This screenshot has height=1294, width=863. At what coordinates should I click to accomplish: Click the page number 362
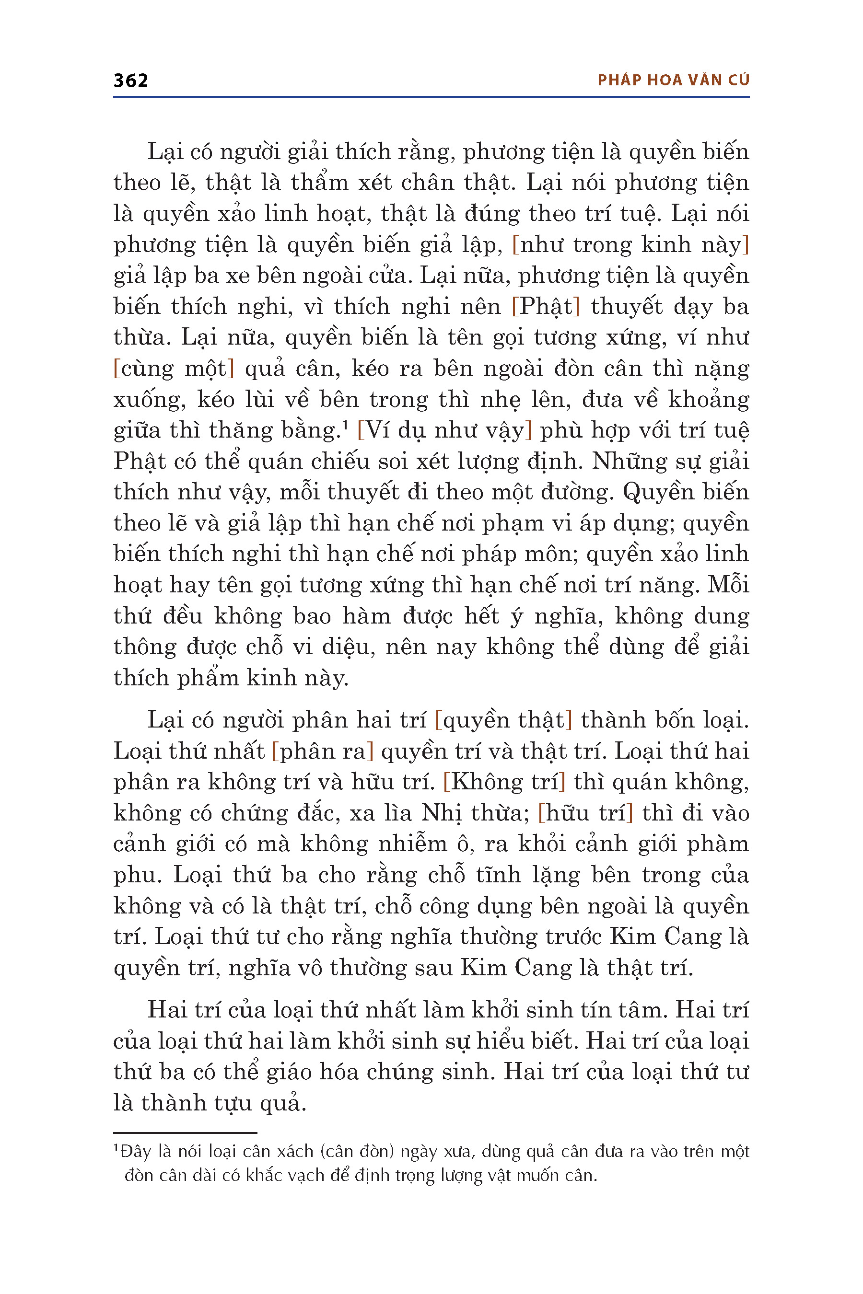(x=130, y=81)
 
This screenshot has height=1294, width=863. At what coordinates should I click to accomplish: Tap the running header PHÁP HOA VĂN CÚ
(x=673, y=81)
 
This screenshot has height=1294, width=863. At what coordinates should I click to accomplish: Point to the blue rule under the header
(x=431, y=97)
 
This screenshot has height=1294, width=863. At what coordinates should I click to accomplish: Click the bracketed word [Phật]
(x=546, y=306)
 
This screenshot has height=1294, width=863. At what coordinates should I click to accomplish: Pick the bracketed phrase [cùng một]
(x=174, y=368)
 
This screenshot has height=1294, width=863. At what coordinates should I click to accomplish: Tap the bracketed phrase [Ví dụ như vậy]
(x=444, y=430)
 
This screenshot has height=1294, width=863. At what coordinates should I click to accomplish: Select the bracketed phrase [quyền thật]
(x=503, y=720)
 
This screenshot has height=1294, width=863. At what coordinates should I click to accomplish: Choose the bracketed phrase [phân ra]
(x=323, y=751)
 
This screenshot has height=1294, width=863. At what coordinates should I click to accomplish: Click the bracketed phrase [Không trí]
(x=504, y=782)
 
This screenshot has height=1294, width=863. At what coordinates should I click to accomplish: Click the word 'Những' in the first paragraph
(x=625, y=461)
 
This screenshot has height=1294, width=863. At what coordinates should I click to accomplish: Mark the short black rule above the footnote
(x=185, y=1133)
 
